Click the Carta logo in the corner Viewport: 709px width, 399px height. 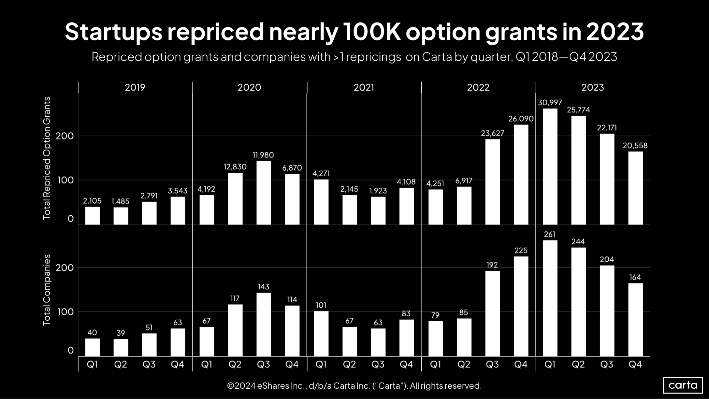coord(683,385)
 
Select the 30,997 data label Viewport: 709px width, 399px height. coord(550,103)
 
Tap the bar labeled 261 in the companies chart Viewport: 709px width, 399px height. coord(550,298)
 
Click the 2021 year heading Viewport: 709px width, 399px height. coord(364,87)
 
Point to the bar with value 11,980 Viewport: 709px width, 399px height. coord(264,193)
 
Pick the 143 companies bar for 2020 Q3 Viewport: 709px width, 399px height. coord(264,324)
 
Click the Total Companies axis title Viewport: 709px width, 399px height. coord(47,290)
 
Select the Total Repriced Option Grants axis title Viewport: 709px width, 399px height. coord(47,158)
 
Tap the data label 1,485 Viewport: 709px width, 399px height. coord(121,201)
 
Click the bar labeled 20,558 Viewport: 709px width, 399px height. coord(635,188)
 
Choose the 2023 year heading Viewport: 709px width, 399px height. coord(592,87)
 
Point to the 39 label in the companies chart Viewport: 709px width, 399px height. coord(121,333)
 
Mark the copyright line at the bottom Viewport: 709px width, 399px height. coord(354,386)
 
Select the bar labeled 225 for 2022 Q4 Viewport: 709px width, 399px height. coord(521,306)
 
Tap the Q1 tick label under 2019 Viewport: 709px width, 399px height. coord(92,364)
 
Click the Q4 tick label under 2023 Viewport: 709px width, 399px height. coord(635,364)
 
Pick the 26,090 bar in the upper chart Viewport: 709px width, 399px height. coord(521,174)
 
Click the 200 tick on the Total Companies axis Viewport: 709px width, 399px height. coord(65,268)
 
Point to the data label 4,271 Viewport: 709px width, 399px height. coord(321,173)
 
